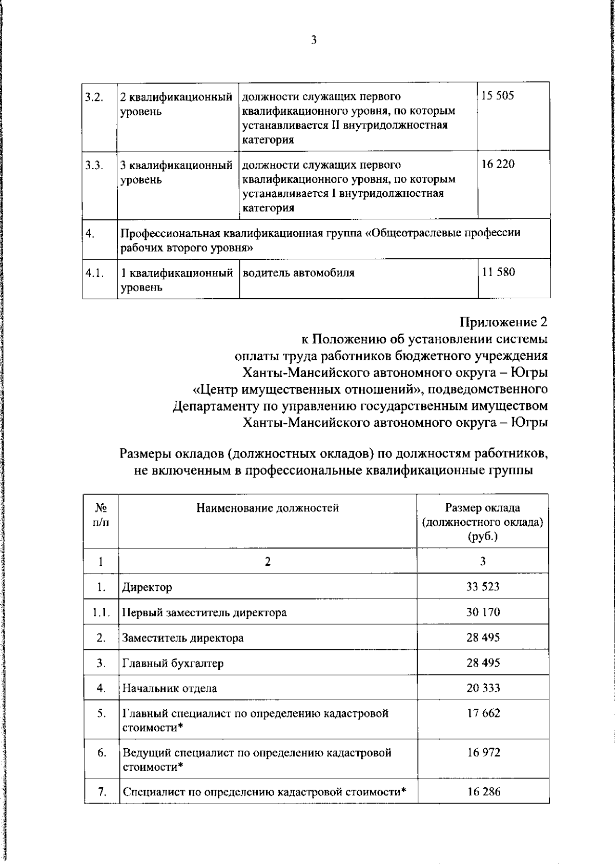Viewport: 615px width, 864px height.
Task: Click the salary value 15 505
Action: pyautogui.click(x=497, y=96)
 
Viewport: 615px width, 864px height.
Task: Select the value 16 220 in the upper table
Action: pyautogui.click(x=498, y=164)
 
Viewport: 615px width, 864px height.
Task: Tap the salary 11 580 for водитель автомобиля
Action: pyautogui.click(x=498, y=272)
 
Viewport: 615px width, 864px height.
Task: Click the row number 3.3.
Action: pyautogui.click(x=94, y=165)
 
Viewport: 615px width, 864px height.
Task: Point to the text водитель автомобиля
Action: pyautogui.click(x=299, y=273)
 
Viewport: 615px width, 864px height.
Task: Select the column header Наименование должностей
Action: pyautogui.click(x=268, y=508)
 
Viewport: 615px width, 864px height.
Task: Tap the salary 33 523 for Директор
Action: pyautogui.click(x=482, y=586)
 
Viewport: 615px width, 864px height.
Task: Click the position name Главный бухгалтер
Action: pyautogui.click(x=173, y=663)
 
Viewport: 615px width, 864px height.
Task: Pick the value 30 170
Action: pyautogui.click(x=483, y=612)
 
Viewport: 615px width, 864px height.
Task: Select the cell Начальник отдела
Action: pyautogui.click(x=169, y=688)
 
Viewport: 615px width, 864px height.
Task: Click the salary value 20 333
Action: pyautogui.click(x=483, y=688)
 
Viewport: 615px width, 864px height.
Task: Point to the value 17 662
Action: pyautogui.click(x=483, y=713)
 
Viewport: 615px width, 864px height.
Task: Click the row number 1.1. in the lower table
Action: pyautogui.click(x=101, y=612)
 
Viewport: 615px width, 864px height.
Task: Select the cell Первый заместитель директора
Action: pyautogui.click(x=204, y=612)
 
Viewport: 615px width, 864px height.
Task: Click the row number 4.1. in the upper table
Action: pyautogui.click(x=95, y=273)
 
